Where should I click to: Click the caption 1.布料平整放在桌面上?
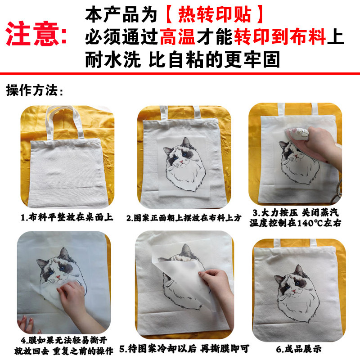pyautogui.click(x=67, y=218)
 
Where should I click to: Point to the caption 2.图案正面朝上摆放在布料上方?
pyautogui.click(x=184, y=218)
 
